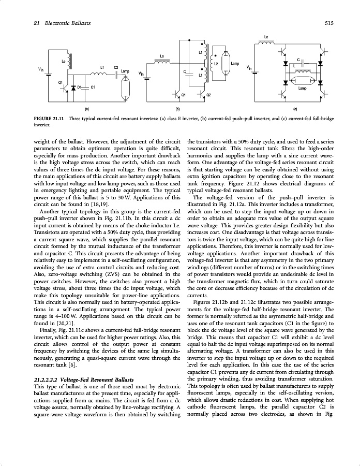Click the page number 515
pos(328,23)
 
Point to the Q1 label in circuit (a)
pos(61,83)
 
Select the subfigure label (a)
pos(87,109)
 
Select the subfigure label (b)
pos(177,109)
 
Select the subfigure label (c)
pos(295,109)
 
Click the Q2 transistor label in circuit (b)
pos(208,95)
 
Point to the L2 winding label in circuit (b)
pos(216,63)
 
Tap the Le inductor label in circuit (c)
pos(266,37)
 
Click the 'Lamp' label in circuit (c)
pos(303,89)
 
